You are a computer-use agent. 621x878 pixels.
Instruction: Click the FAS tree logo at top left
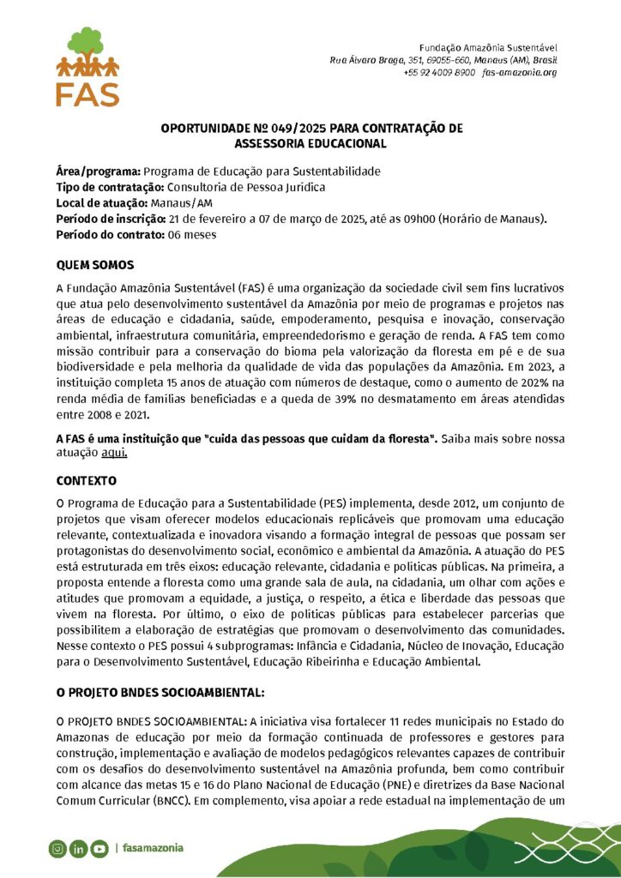[87, 67]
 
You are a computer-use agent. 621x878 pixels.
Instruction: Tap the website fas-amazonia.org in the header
[520, 73]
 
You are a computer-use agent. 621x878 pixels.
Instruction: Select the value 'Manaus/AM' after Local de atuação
[181, 202]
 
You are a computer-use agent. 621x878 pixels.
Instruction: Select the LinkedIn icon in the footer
[79, 849]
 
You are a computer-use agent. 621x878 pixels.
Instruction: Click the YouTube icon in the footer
[99, 849]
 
